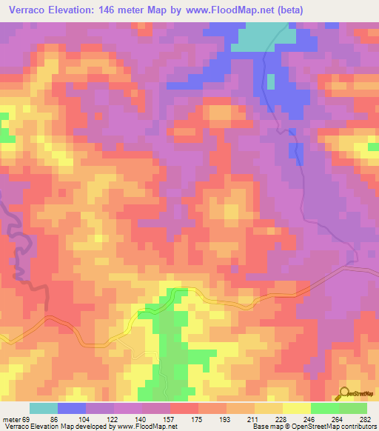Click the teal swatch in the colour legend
point(44,408)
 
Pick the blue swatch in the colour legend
point(72,408)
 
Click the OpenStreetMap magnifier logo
point(343,393)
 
